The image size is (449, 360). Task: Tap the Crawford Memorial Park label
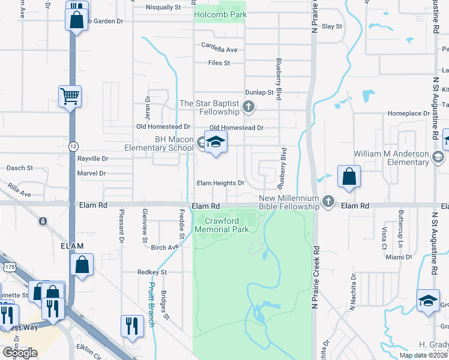point(223,225)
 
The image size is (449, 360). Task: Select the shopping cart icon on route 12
point(70,96)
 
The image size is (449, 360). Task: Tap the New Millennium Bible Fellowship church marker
point(328,202)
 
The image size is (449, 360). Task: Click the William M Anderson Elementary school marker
point(438,157)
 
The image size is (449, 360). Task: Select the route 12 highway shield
point(73,146)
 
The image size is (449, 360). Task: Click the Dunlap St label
point(259,93)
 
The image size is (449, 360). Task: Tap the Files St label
point(219,63)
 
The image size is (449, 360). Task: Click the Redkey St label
point(151,272)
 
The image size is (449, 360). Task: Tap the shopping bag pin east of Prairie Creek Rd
point(349,178)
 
